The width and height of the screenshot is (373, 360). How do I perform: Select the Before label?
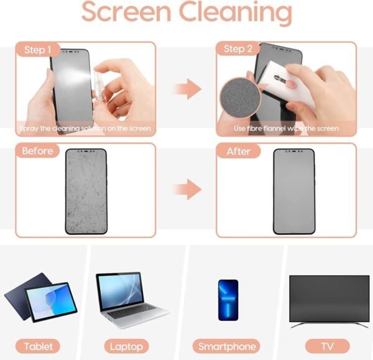[38, 151]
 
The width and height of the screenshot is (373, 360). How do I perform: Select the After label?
[239, 151]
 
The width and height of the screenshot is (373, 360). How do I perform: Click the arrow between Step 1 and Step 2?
[186, 90]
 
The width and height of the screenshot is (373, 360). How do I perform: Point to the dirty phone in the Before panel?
[86, 191]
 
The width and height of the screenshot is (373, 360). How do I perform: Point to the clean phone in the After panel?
[295, 191]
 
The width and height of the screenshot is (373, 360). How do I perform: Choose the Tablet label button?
[39, 346]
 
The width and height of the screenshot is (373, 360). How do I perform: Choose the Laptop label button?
[126, 346]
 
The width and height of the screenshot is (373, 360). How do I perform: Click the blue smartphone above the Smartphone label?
[228, 300]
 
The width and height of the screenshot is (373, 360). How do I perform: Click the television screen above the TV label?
[329, 297]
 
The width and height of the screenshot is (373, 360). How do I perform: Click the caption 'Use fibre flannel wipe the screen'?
[286, 129]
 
